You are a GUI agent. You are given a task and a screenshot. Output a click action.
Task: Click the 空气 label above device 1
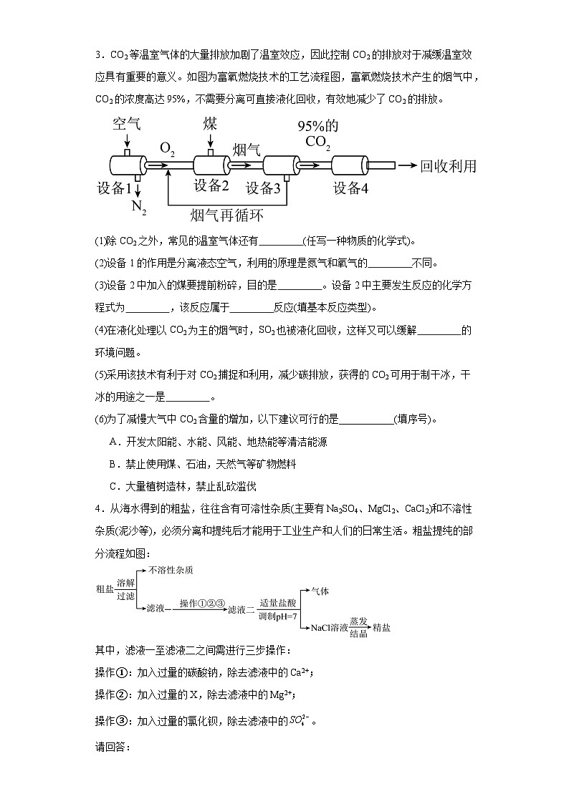point(126,123)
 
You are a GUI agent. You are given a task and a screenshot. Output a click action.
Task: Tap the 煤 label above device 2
point(210,122)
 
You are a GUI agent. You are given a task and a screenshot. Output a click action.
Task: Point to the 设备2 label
point(211,186)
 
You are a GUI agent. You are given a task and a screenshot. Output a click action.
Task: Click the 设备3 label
point(263,188)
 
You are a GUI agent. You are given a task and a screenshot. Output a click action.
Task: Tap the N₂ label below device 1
point(139,208)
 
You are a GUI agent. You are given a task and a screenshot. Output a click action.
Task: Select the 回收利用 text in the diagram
point(448,166)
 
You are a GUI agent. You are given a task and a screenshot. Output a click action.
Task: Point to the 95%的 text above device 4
point(318,126)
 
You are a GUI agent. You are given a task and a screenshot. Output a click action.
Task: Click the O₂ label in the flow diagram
point(168,149)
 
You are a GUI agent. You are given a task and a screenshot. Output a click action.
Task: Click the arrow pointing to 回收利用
point(406,165)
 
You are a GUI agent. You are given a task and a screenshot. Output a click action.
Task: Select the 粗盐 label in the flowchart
point(104,589)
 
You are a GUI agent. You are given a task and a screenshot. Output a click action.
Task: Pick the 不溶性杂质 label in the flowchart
point(171,570)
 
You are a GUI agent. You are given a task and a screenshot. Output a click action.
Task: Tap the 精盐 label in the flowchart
point(381,628)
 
